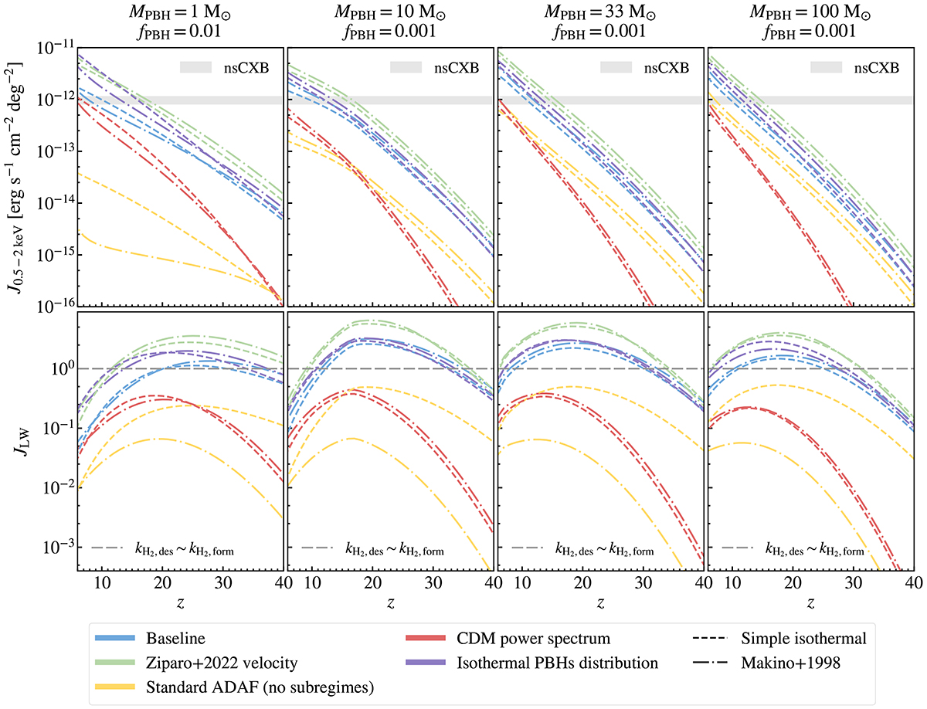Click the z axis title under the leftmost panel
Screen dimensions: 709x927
pyautogui.click(x=181, y=598)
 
